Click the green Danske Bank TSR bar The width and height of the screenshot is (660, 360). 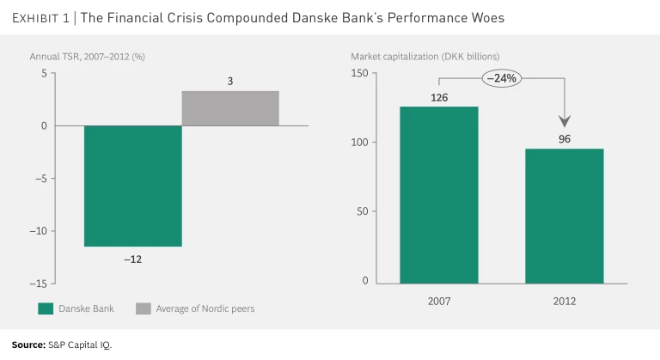[x=132, y=186]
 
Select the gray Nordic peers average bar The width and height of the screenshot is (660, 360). [x=230, y=108]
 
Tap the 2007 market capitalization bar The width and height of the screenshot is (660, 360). [x=439, y=195]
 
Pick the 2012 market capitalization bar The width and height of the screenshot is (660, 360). [x=565, y=216]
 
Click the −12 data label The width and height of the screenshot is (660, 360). [x=132, y=259]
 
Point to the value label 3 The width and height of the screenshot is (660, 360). [x=230, y=82]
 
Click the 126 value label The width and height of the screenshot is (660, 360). [x=439, y=97]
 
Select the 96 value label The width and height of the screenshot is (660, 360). [x=565, y=139]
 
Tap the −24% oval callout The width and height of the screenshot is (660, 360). [x=502, y=79]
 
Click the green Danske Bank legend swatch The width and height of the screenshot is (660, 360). [x=46, y=308]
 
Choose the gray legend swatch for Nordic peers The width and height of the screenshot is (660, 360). [x=144, y=308]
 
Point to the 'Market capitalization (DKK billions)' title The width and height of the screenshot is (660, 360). [x=425, y=57]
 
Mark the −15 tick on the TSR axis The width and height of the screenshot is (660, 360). [x=38, y=284]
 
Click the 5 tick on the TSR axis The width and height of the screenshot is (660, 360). [x=44, y=74]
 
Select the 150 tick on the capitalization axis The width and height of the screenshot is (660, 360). [x=359, y=74]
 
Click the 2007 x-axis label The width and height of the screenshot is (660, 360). [x=439, y=302]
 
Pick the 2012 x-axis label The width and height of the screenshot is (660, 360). [x=565, y=302]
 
